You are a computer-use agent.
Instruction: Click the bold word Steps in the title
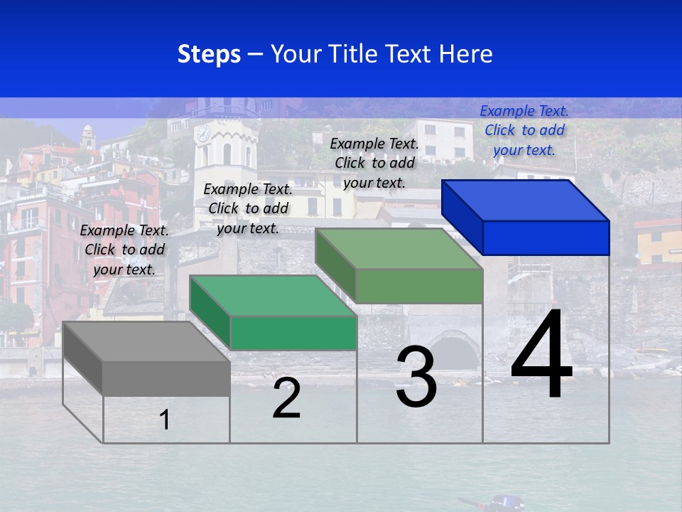point(209,54)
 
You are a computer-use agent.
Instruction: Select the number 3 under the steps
point(416,377)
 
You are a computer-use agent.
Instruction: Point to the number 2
point(287,399)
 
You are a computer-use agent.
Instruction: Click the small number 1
point(165,420)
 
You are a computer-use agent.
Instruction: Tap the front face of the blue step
point(546,238)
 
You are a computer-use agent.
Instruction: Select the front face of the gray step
point(166,378)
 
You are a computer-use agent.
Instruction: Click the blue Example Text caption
point(524,130)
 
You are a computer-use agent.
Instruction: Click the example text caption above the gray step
point(125,250)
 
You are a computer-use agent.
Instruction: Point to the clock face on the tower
point(203,132)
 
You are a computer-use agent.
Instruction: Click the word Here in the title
point(465,54)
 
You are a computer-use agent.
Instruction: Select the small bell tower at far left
point(87,136)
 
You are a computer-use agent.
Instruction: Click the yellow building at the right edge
point(656,242)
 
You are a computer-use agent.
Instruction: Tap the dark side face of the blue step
point(462,217)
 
